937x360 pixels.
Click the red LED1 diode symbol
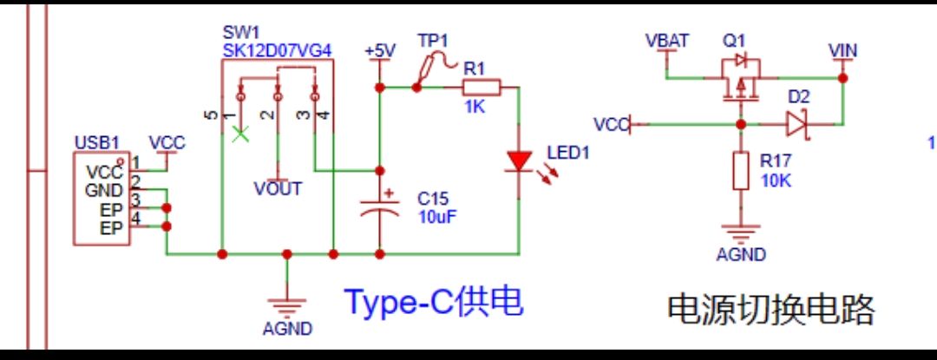click(x=519, y=161)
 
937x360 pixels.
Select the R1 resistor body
click(x=482, y=87)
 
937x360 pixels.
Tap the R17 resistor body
click(x=740, y=170)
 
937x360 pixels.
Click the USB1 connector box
click(x=102, y=198)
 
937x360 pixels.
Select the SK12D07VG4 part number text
click(x=277, y=50)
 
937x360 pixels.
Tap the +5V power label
click(x=379, y=50)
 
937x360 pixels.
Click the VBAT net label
click(x=667, y=41)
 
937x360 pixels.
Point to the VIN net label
click(x=842, y=51)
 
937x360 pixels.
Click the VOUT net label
click(x=278, y=188)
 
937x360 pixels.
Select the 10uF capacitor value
click(x=436, y=216)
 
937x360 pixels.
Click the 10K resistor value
click(x=777, y=180)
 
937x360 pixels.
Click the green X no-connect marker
click(x=243, y=134)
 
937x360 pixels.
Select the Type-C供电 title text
click(x=434, y=302)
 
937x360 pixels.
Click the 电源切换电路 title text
click(x=771, y=309)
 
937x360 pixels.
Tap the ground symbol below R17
click(x=740, y=232)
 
